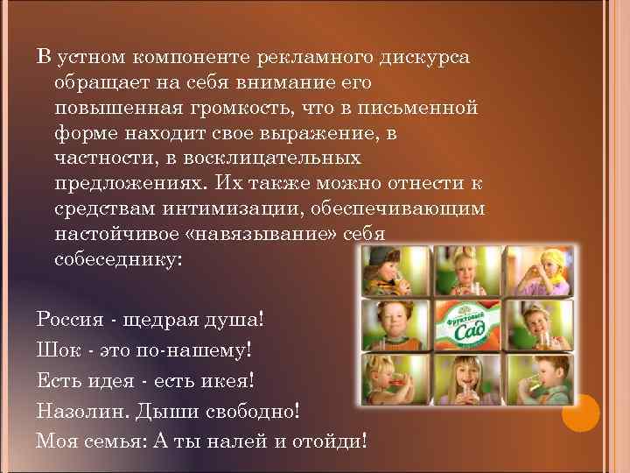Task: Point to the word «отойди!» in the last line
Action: [331, 440]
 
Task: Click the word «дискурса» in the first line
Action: [424, 58]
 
